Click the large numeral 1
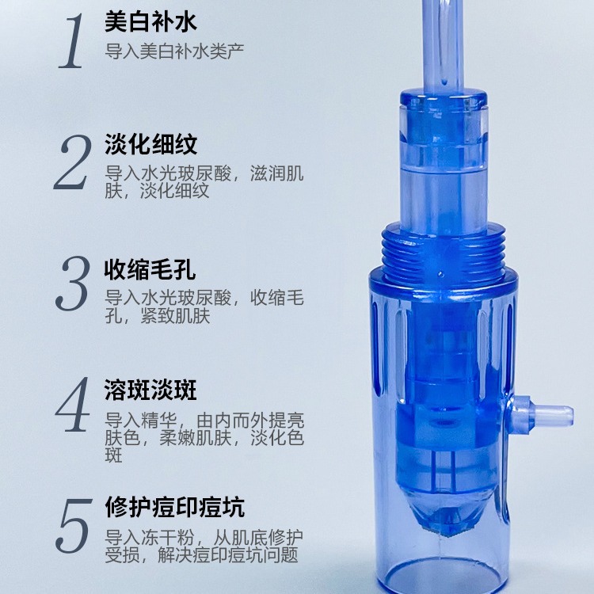point(72,42)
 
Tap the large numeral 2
point(73,162)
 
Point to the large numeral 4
point(73,405)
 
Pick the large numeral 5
point(74,526)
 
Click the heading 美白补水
point(150,21)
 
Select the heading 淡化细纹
point(150,144)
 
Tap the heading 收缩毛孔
point(150,269)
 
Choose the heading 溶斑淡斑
point(150,390)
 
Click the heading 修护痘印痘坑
point(175,507)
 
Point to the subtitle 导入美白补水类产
point(174,51)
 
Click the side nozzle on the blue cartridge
point(542,415)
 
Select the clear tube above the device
point(444,45)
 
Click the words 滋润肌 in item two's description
point(277,173)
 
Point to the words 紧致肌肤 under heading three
point(175,316)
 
